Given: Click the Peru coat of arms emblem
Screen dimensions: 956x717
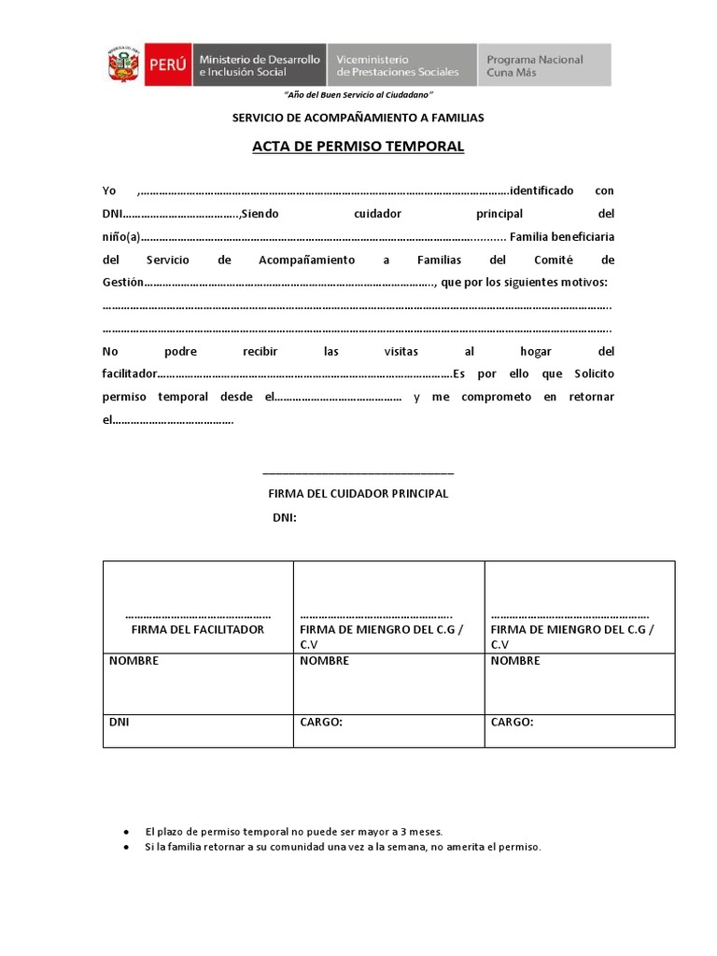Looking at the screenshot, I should pos(122,65).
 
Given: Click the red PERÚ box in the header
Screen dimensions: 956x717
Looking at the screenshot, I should pos(168,65).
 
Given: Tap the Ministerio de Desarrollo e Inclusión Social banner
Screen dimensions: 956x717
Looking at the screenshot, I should pos(259,65).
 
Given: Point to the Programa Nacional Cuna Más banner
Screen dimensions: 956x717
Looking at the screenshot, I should pos(544,65).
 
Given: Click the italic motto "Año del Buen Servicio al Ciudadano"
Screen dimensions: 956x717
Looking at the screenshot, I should pos(358,96).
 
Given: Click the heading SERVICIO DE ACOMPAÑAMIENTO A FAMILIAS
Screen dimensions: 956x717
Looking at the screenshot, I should pos(358,118).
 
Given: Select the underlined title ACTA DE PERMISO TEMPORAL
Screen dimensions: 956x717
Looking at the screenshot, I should pos(358,147).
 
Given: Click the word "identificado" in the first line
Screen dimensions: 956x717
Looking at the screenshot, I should pos(541,190).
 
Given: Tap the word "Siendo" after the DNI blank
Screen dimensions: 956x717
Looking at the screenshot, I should pos(260,214).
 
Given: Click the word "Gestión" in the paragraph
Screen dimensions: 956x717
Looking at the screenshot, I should pos(123,283).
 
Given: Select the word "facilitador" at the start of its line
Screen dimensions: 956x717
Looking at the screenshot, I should pos(130,374).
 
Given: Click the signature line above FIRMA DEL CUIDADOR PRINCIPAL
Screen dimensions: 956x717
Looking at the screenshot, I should pos(358,474).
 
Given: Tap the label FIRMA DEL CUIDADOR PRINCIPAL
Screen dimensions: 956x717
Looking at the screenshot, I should pos(358,493).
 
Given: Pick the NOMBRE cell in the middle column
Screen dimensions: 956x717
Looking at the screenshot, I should pos(388,683).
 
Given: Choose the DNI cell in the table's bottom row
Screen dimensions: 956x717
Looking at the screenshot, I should pos(198,731).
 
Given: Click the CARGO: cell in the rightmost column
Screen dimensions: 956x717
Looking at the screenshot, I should pos(579,731).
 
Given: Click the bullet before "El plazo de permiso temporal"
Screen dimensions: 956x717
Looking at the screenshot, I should pos(126,831).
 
